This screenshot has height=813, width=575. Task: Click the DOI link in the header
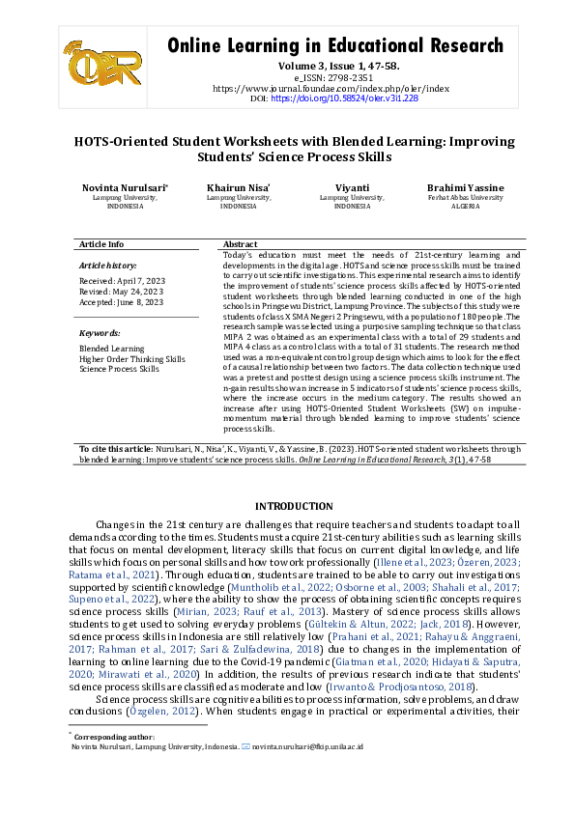[344, 98]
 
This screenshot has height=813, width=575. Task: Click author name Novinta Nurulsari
[124, 187]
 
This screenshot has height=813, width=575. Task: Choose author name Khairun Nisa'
[238, 187]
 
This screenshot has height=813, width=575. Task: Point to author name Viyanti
[352, 187]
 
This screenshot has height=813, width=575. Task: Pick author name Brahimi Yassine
[465, 187]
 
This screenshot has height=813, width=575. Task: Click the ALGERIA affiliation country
[465, 207]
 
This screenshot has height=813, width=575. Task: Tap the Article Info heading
[101, 244]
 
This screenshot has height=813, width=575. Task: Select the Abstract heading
[240, 244]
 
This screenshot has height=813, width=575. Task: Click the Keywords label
[99, 332]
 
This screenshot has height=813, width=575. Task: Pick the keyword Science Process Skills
[119, 369]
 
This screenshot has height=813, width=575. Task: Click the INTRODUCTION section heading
[293, 506]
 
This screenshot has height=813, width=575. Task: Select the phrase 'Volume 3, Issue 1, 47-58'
[335, 66]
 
